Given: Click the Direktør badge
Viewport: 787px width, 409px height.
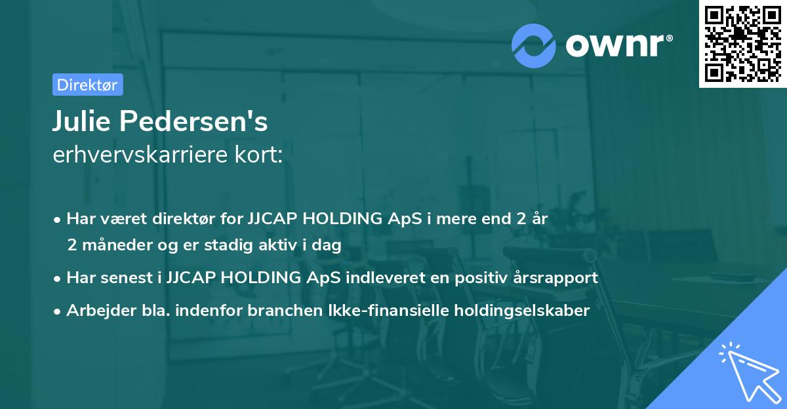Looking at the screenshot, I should click(87, 85).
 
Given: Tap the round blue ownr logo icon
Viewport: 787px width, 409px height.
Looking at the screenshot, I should click(534, 45).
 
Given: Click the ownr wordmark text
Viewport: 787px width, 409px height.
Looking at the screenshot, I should click(617, 45).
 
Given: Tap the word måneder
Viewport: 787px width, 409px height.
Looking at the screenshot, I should click(110, 245).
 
